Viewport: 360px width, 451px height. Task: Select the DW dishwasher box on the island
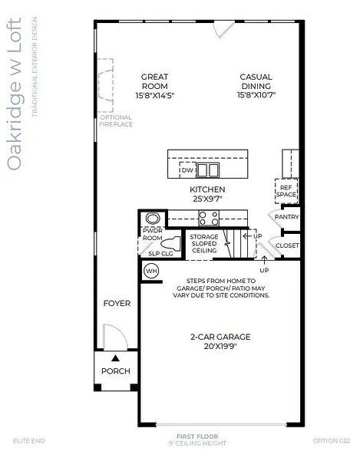coord(187,170)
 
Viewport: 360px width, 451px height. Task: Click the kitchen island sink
coord(208,170)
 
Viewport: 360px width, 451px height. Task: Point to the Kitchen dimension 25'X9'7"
coord(207,199)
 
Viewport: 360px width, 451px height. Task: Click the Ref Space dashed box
coord(286,191)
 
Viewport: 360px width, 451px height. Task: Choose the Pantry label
coord(286,217)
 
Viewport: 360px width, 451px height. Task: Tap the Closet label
coord(287,245)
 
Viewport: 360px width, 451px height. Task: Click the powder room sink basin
coord(150,218)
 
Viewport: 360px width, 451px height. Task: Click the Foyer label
coord(117,304)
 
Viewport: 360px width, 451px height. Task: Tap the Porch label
coord(116,371)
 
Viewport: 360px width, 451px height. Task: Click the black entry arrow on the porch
coord(116,357)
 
